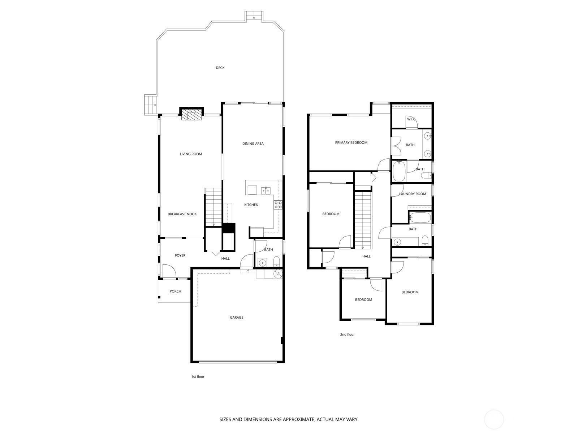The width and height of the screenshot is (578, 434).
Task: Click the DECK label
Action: point(220,68)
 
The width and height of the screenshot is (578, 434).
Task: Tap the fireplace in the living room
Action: point(192,114)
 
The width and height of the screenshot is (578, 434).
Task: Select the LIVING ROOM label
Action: point(191,154)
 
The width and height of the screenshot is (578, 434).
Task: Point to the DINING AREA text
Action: point(253,144)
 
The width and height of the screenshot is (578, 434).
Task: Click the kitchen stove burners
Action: point(278,205)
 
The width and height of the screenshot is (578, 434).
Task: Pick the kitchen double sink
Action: point(266,190)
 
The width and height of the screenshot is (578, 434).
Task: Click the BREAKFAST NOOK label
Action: point(182,214)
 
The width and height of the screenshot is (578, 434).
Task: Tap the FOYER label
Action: point(180,255)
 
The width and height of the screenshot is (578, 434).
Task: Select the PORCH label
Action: point(175,291)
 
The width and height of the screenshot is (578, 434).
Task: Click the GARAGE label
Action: point(237,318)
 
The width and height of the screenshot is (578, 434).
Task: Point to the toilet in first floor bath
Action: point(276,261)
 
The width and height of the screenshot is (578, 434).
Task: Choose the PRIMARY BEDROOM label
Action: point(351,142)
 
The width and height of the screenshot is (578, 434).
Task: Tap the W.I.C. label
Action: point(411,119)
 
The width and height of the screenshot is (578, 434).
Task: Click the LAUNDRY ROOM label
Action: point(413,194)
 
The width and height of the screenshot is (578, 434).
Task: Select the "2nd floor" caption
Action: point(347,335)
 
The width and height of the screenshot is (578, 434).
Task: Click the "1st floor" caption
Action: point(198,376)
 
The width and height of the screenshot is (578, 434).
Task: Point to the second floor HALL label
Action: point(366,256)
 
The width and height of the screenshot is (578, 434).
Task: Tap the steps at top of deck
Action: point(254,16)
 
